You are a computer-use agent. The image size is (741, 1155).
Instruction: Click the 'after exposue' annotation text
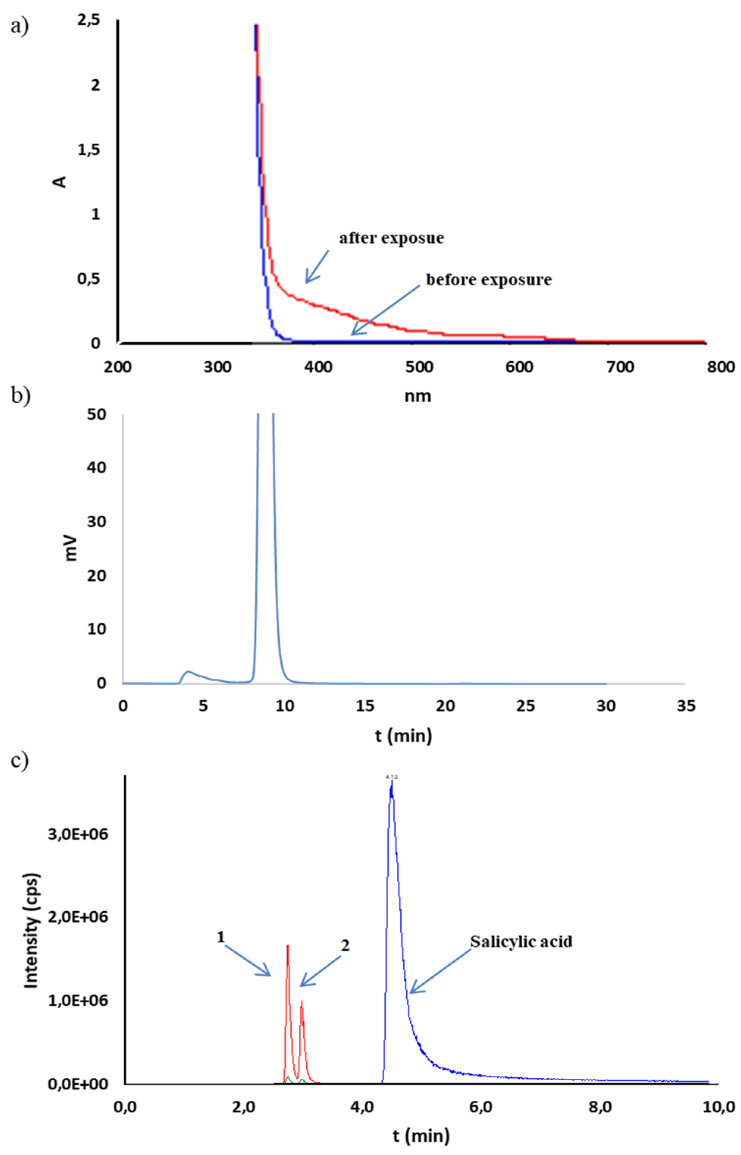pyautogui.click(x=391, y=238)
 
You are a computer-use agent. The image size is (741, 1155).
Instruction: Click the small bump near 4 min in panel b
pyautogui.click(x=189, y=671)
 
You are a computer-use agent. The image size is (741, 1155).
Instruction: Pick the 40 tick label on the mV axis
pyautogui.click(x=97, y=467)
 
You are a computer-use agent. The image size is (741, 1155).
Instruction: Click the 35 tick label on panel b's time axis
pyautogui.click(x=686, y=706)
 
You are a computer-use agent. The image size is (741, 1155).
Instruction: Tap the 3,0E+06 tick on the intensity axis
pyautogui.click(x=78, y=834)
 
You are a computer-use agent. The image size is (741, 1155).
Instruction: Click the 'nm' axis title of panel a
pyautogui.click(x=418, y=396)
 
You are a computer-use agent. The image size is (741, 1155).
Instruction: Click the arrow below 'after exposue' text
pyautogui.click(x=316, y=266)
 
